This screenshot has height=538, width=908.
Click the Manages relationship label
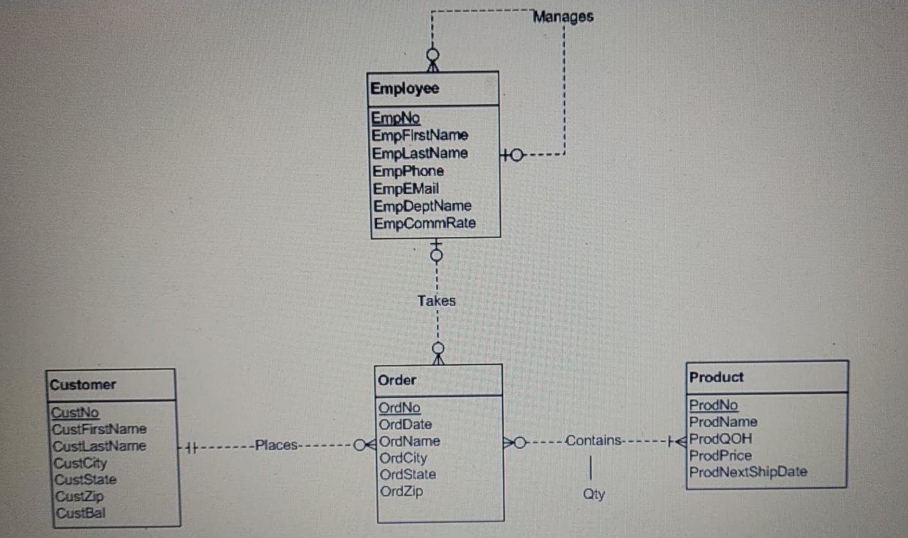pos(563,17)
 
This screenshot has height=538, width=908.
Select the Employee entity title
pos(405,89)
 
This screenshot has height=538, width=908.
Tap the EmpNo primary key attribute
pos(396,118)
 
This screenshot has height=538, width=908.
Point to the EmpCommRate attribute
pos(425,223)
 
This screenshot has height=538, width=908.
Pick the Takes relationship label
pos(436,300)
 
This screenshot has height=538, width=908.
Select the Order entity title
pos(397,380)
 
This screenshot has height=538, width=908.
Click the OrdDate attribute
pos(405,424)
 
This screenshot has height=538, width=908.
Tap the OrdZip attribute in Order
pos(401,492)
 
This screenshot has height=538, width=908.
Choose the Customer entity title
pos(83,385)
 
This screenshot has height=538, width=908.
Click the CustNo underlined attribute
pos(75,412)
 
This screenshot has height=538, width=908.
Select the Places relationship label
pos(276,445)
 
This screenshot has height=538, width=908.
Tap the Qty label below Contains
pos(594,494)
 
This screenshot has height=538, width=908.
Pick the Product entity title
pos(716,377)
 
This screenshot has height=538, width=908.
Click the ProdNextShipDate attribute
pos(748,472)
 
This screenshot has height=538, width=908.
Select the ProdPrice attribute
pos(720,456)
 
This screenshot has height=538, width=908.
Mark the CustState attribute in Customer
pos(85,480)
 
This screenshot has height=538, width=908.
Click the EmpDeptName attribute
pos(422,206)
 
